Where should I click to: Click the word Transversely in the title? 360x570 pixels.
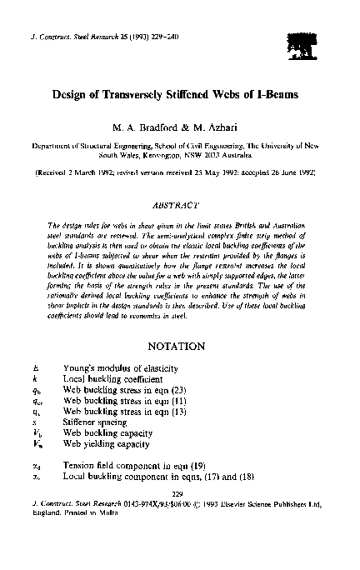click(x=147, y=95)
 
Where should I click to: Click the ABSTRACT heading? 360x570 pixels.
click(x=180, y=202)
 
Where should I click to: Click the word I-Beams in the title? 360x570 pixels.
click(x=266, y=95)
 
